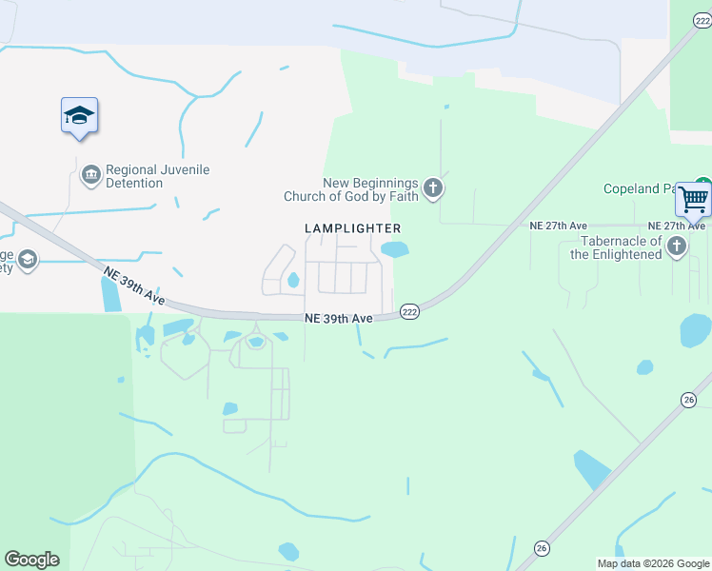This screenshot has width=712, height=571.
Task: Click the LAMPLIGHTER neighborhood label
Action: [x=352, y=228]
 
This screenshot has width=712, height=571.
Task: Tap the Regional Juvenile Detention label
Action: [x=157, y=176]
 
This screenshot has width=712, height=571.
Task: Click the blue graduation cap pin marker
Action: [x=79, y=116]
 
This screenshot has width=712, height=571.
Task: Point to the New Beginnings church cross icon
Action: [x=433, y=187]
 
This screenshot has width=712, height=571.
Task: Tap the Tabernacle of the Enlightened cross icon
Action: [x=676, y=247]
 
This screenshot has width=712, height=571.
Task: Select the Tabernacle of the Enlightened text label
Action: [x=616, y=247]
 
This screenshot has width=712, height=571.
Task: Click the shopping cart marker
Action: [x=694, y=201]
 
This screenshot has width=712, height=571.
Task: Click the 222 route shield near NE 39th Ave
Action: [x=409, y=311]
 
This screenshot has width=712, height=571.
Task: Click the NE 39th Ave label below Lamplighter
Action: [x=339, y=319]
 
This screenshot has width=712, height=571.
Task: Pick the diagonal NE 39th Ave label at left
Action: [x=133, y=286]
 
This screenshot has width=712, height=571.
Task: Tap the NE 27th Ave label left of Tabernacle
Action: [x=558, y=226]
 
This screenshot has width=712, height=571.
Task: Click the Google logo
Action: [x=31, y=560]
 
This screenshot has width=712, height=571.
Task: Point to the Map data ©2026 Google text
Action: [x=653, y=562]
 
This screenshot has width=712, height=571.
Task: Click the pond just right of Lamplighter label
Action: [x=394, y=250]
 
